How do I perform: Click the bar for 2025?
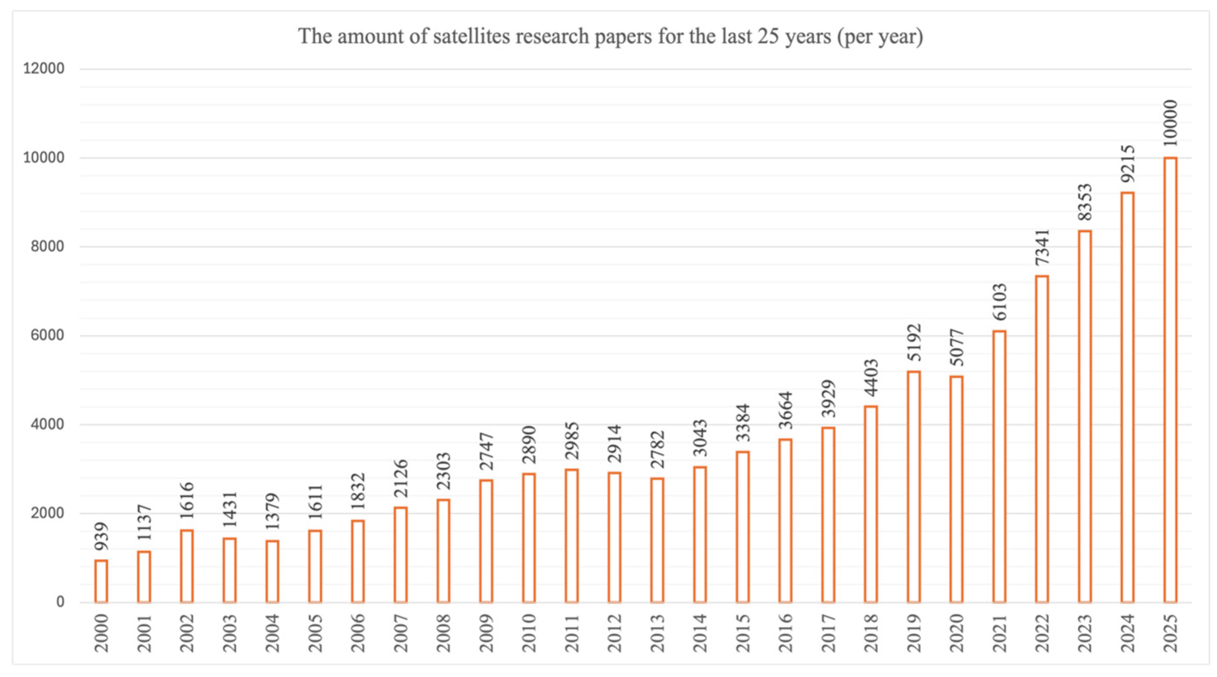[1170, 380]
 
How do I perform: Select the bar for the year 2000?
[101, 581]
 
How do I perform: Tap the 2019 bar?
[914, 487]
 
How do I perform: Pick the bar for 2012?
[614, 537]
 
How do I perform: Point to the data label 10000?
[1170, 123]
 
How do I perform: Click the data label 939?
[101, 536]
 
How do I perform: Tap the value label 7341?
[1042, 247]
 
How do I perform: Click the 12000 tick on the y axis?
[44, 69]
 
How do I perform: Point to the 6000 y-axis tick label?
[47, 336]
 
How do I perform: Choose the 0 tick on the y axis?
[60, 602]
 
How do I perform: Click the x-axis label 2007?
[401, 633]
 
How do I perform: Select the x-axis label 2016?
[785, 633]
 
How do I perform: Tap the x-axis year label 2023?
[1085, 633]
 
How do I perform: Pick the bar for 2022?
[1042, 439]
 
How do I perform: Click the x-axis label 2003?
[229, 633]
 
